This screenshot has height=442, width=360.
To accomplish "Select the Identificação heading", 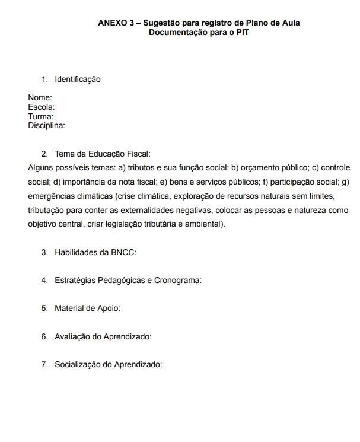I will pos(78,79).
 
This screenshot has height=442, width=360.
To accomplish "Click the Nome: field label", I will pos(40,97).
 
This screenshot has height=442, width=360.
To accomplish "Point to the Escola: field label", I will pos(42,107).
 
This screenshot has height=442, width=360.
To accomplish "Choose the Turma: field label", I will pos(41,116).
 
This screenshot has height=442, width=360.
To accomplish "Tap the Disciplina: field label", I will pos(46,125).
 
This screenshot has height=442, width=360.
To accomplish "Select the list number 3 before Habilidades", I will pos(44,252).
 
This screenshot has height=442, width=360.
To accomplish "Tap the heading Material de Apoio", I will pos(88,309).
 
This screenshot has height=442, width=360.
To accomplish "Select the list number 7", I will pos(44,364).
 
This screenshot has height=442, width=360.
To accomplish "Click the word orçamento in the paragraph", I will pos(259,168).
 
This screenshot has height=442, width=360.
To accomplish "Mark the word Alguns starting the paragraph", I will pos(40,168).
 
